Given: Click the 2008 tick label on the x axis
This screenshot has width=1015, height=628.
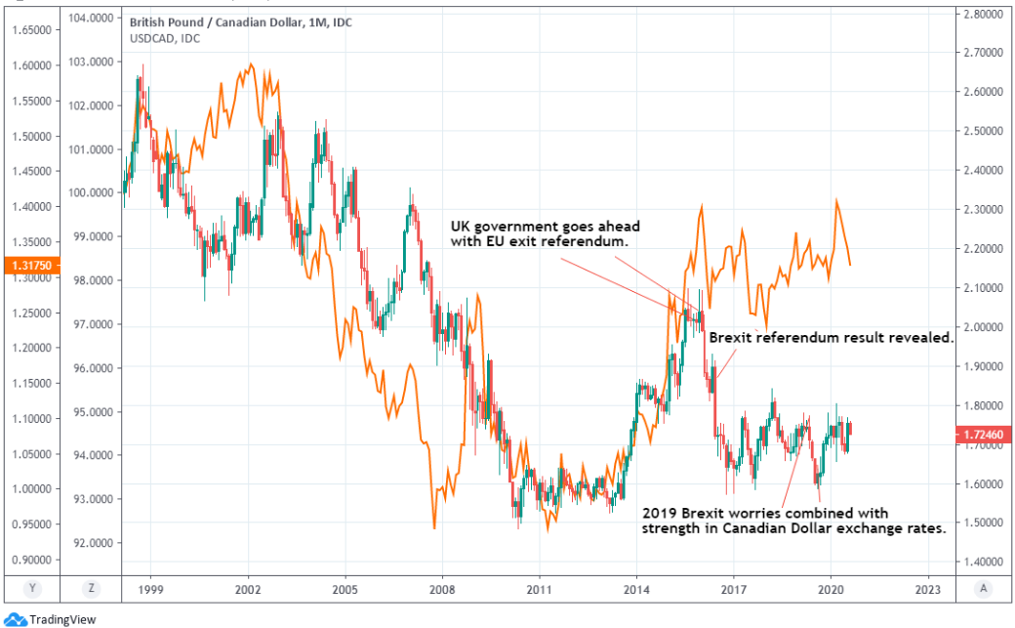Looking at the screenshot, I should (x=442, y=591).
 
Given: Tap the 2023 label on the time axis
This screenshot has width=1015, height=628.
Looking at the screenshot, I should (x=928, y=591).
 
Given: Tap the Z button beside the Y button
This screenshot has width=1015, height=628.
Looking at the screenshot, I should (x=91, y=589).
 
